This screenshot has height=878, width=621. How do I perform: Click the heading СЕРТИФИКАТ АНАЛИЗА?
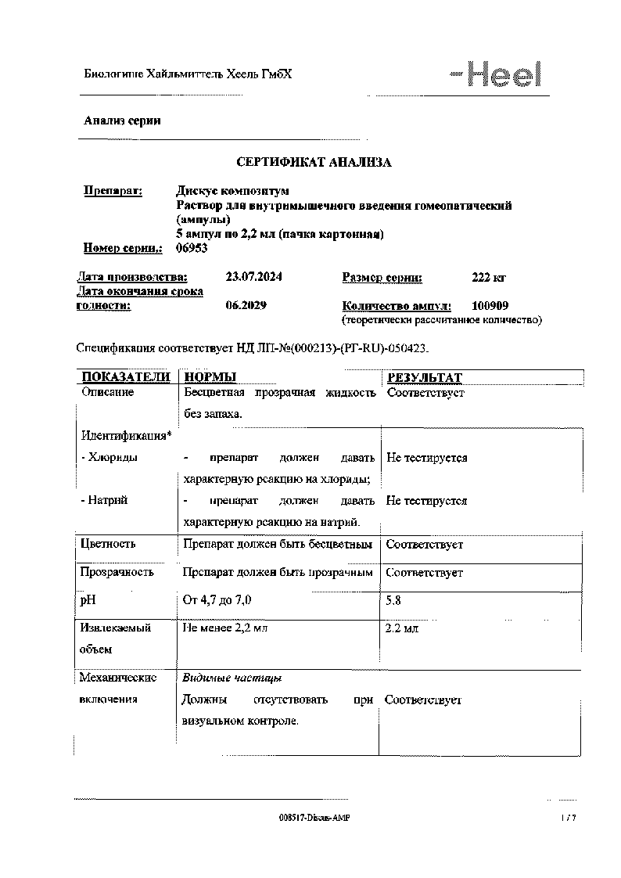[314, 162]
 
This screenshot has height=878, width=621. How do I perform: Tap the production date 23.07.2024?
[254, 277]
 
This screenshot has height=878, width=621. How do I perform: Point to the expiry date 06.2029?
[245, 305]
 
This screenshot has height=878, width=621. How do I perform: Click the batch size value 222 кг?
[490, 277]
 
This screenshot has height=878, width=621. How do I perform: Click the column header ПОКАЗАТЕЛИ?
[126, 377]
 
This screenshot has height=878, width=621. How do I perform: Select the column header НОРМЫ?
[210, 377]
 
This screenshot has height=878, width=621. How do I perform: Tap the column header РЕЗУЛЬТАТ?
[424, 377]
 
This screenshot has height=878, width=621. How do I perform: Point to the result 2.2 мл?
[403, 628]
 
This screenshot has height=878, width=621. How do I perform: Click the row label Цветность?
[108, 544]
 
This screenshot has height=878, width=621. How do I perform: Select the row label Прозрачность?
[117, 572]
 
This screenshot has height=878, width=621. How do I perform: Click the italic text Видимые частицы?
[232, 678]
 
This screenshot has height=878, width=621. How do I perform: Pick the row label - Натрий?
[104, 500]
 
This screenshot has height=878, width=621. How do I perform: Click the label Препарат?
[113, 190]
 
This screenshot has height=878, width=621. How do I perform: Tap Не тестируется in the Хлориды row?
[426, 458]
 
